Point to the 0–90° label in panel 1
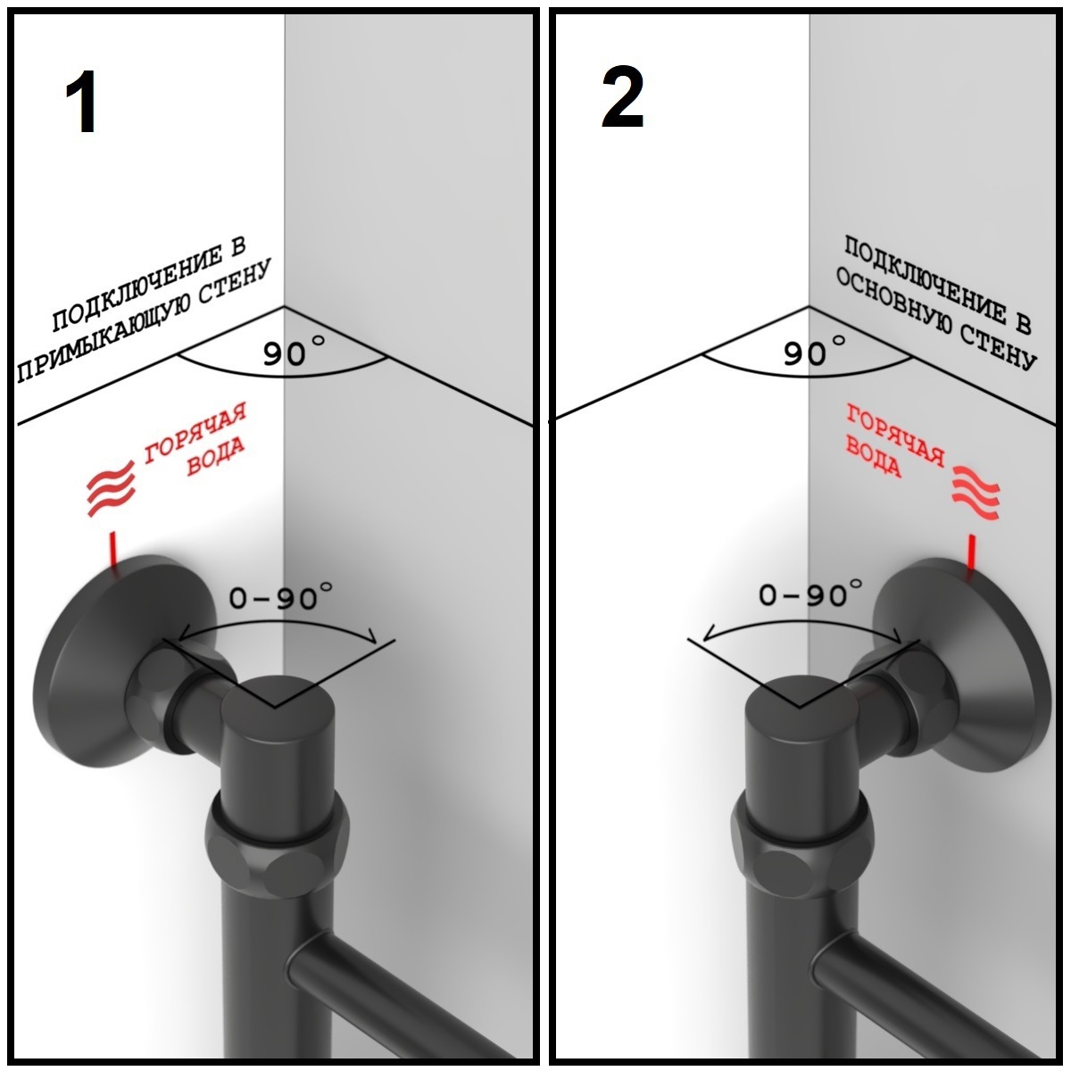coord(281,596)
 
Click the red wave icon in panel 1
coord(112,488)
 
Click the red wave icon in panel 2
coord(976,493)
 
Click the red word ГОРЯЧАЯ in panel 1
coord(195,434)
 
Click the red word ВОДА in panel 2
coord(873,459)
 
